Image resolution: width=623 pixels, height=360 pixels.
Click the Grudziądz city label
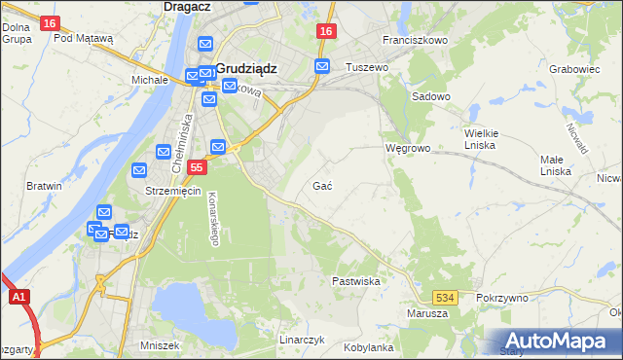coord(247,69)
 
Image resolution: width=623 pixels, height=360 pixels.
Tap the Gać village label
coord(323,185)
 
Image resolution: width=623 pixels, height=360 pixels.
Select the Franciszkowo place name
coord(415,41)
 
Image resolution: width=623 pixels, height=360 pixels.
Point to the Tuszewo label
coord(367,67)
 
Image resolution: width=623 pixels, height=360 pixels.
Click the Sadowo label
coord(431,97)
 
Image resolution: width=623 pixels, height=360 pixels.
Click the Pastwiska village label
coord(355,280)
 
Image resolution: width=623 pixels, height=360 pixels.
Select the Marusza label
coord(427,313)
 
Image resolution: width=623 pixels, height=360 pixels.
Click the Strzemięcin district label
coord(172,191)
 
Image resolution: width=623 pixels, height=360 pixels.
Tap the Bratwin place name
coord(44,185)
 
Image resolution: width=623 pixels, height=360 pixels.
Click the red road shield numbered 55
coord(197,168)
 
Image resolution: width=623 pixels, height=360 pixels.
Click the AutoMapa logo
coord(561,341)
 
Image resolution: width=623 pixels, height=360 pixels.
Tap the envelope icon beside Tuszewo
coord(322,66)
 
